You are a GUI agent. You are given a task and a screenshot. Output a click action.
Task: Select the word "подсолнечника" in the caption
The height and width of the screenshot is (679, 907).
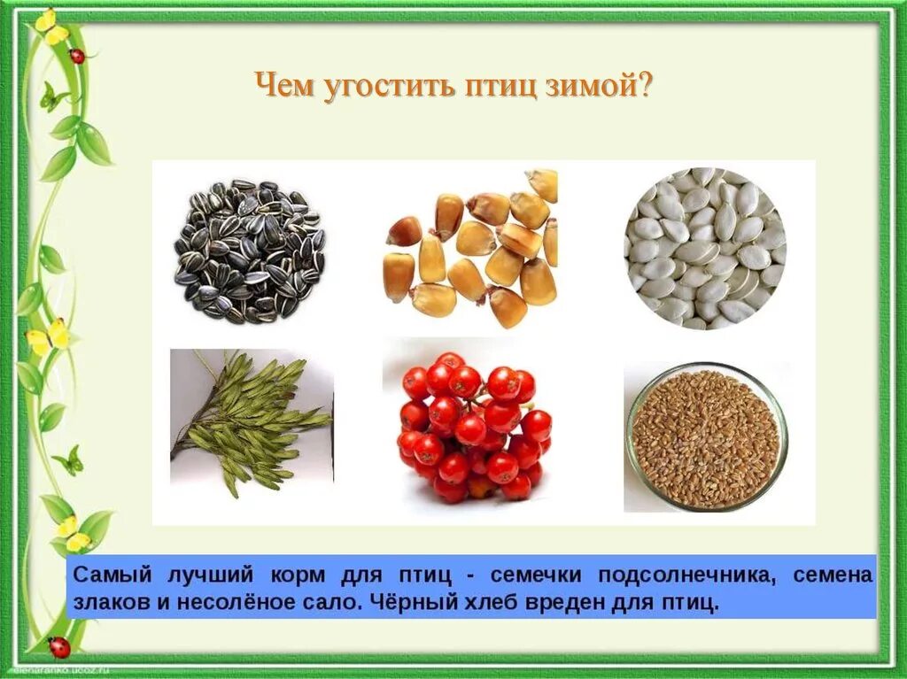point(683,574)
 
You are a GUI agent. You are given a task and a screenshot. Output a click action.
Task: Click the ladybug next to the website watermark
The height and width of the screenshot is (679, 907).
point(59,646)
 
